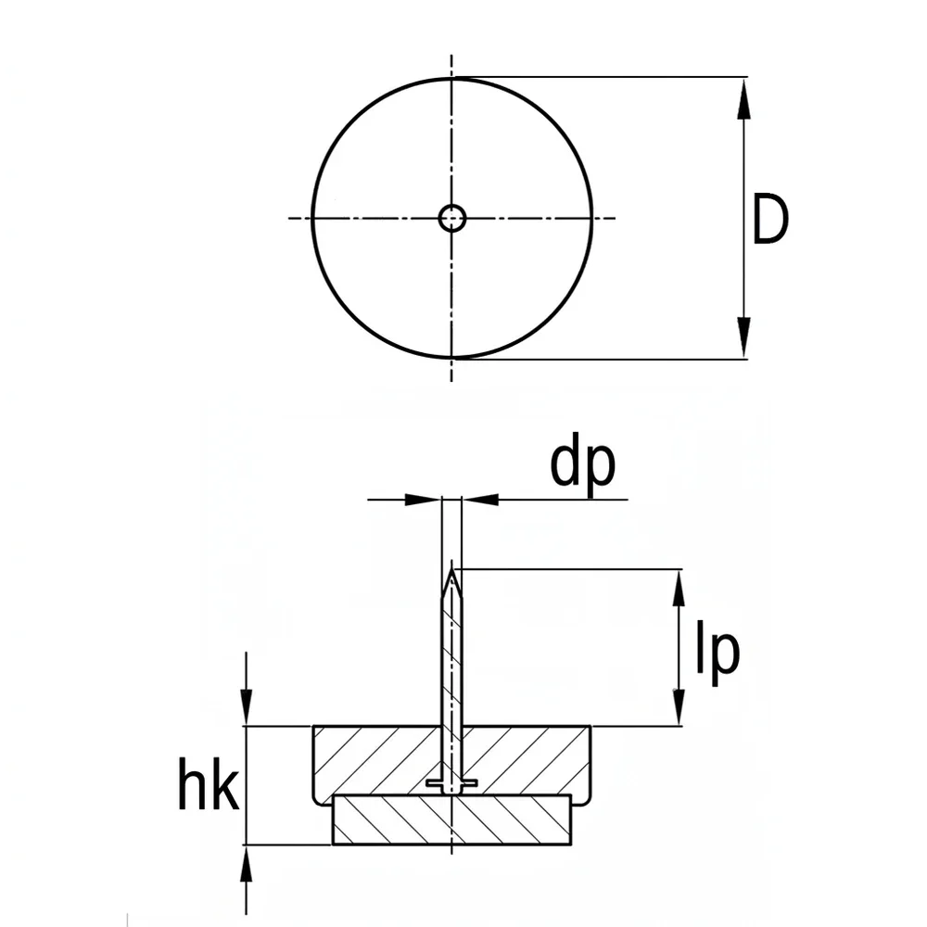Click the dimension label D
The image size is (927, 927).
click(x=769, y=219)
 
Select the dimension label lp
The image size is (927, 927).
click(x=717, y=652)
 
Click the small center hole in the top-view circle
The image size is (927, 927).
click(x=452, y=218)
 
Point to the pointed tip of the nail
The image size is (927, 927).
click(x=452, y=569)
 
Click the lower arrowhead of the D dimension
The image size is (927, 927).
click(x=743, y=337)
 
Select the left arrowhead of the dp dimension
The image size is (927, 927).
click(x=424, y=500)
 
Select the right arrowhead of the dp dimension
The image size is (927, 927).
click(x=480, y=500)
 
